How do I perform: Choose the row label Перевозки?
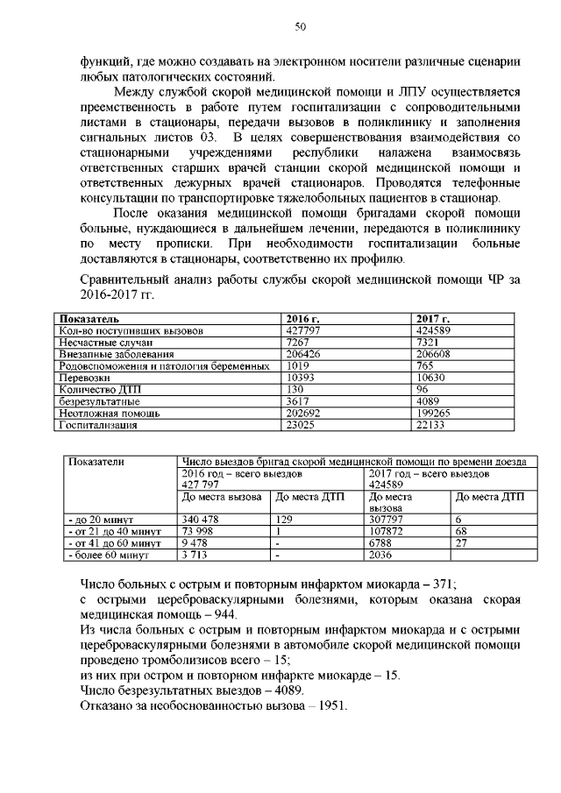coord(84,376)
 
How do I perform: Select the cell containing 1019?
coord(300,365)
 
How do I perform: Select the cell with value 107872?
coord(389,531)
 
